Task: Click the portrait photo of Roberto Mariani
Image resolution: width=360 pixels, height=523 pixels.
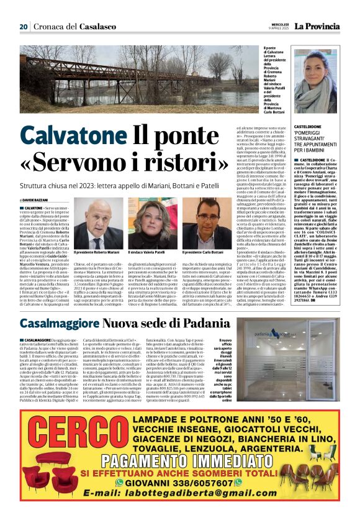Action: click(x=96, y=225)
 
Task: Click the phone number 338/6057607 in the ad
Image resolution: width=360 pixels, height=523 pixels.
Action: click(x=205, y=482)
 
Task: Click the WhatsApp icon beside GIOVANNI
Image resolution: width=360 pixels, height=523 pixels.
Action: click(x=128, y=482)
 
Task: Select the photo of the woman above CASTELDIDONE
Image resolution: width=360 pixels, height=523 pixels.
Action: click(x=315, y=73)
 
